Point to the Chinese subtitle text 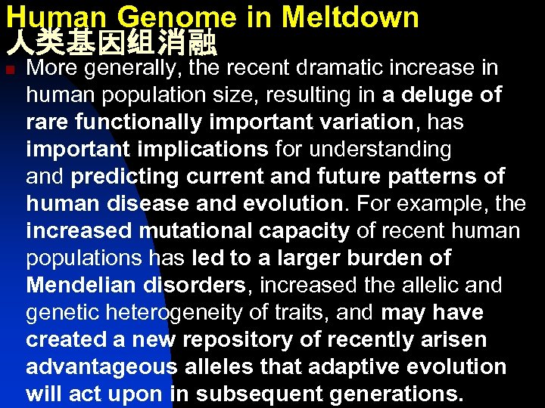coord(111,44)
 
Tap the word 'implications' coord(212,150)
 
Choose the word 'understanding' coord(382,150)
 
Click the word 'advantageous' coord(101,367)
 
